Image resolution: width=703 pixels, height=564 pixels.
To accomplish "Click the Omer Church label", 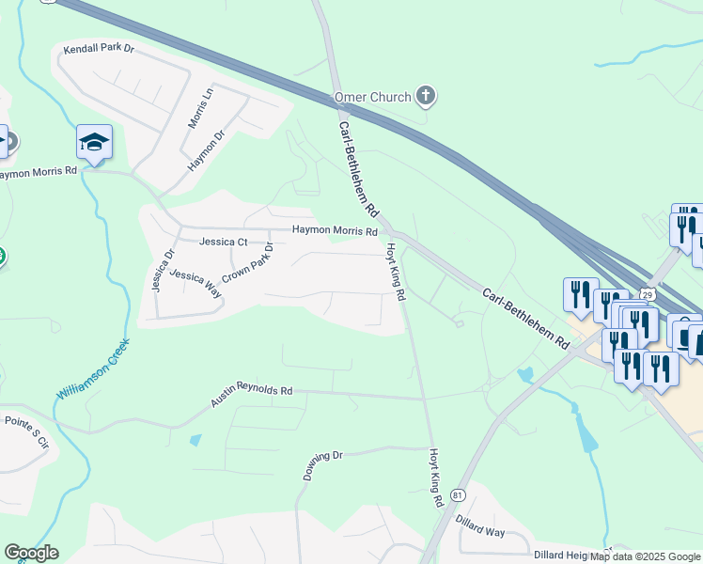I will pyautogui.click(x=373, y=97).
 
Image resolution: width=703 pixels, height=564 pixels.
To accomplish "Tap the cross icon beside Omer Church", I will pyautogui.click(x=426, y=95).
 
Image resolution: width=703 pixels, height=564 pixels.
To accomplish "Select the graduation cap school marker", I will pyautogui.click(x=94, y=142).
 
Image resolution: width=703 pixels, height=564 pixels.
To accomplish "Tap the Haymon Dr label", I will pyautogui.click(x=207, y=150).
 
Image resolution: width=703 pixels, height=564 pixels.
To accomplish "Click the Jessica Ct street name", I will pyautogui.click(x=223, y=242).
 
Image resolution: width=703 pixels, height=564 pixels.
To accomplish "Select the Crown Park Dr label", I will pyautogui.click(x=247, y=263).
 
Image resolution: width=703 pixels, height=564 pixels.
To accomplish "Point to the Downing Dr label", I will pyautogui.click(x=324, y=465).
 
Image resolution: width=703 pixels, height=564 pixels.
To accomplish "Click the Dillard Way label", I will pyautogui.click(x=480, y=525).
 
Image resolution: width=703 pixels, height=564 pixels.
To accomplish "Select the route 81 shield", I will pyautogui.click(x=458, y=495).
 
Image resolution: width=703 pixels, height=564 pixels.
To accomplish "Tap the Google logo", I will pyautogui.click(x=31, y=553).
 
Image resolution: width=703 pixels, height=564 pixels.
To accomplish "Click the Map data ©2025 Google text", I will pyautogui.click(x=645, y=556).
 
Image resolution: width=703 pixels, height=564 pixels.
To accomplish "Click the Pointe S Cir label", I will pyautogui.click(x=25, y=431).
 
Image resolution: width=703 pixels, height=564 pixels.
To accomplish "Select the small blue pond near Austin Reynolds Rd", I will pyautogui.click(x=195, y=439).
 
